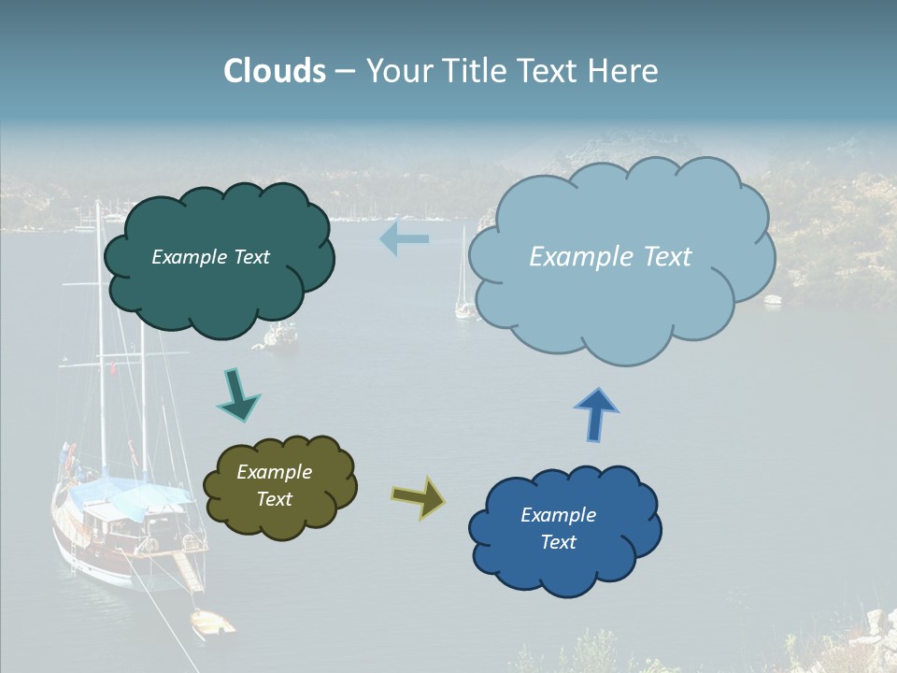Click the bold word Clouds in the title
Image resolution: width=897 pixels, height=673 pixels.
(x=275, y=71)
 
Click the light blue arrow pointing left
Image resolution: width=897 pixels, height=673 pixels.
(x=404, y=238)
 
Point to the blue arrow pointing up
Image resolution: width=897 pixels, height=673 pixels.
(x=596, y=413)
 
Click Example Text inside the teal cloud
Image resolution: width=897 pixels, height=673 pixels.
(x=210, y=257)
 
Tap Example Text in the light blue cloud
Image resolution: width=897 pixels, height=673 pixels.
(x=610, y=257)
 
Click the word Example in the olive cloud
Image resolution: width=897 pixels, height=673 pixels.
(x=274, y=472)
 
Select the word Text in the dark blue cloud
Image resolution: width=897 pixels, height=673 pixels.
(x=558, y=542)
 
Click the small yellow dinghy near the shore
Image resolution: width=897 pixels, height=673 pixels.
(x=212, y=622)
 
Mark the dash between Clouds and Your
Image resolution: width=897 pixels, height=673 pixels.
(x=345, y=71)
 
